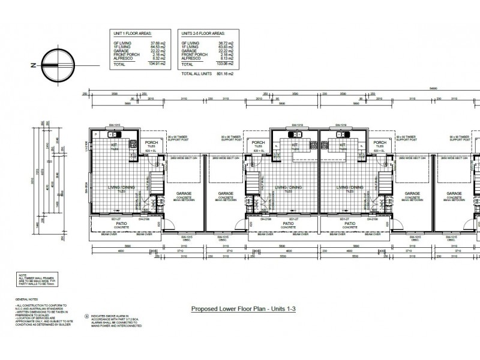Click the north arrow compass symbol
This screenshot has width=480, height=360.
[53, 67]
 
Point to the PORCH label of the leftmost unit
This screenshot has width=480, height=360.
[151, 143]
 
